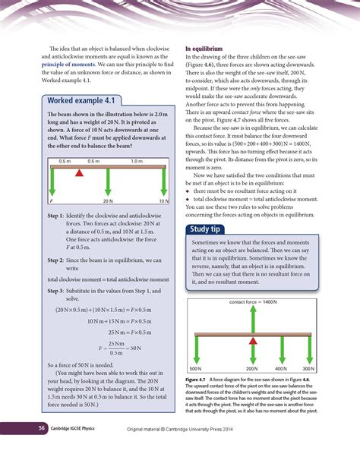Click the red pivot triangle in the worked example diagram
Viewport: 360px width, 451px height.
pyautogui.click(x=78, y=173)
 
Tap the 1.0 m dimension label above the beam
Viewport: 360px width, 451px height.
pyautogui.click(x=137, y=162)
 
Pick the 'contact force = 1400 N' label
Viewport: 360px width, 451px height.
pyautogui.click(x=252, y=301)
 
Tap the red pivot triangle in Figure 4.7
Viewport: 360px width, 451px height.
pyautogui.click(x=252, y=339)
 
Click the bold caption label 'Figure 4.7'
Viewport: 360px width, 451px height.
pyautogui.click(x=199, y=379)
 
